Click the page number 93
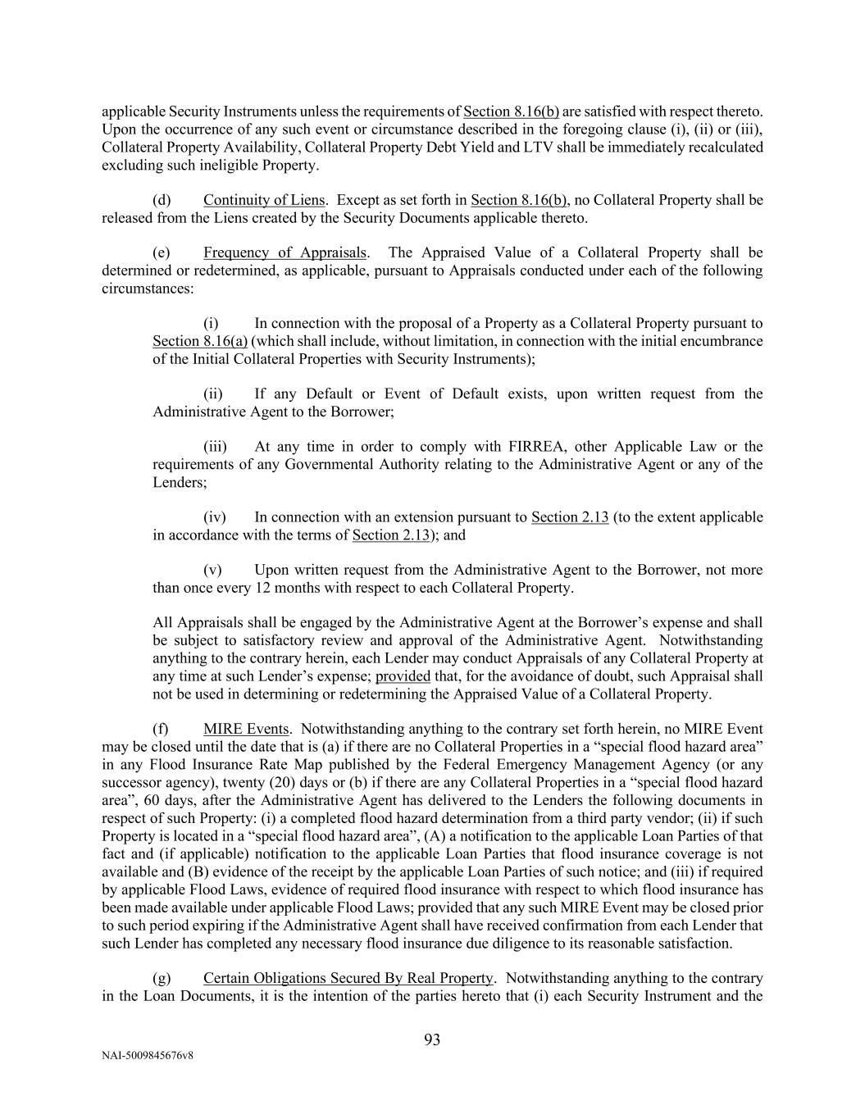432,1040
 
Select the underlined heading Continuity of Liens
264,200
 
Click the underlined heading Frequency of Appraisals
285,252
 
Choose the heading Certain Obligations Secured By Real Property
348,978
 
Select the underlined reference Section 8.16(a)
200,341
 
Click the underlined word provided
403,676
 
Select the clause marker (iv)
215,517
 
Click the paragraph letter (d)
162,200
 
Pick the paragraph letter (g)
162,978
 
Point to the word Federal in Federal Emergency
471,765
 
